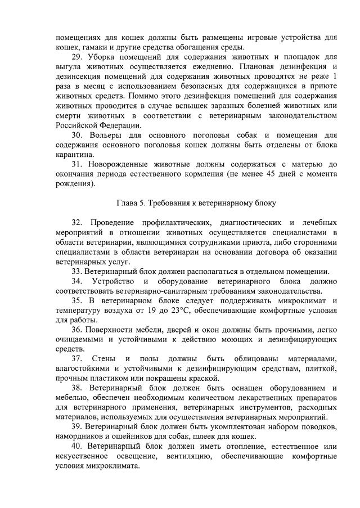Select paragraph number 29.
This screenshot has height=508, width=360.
[x=79, y=57]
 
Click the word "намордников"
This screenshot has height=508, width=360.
[x=79, y=437]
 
